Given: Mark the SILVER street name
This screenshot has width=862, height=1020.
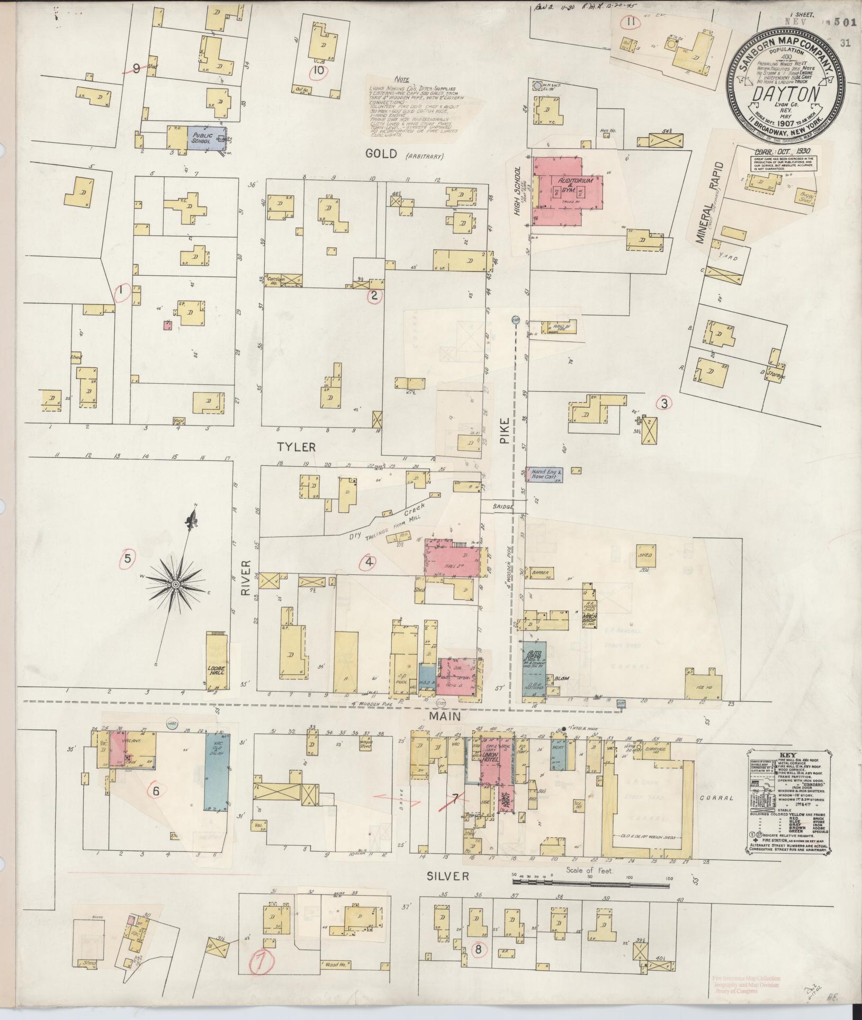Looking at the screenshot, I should tap(448, 876).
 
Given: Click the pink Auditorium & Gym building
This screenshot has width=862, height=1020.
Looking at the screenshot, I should tap(568, 188).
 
